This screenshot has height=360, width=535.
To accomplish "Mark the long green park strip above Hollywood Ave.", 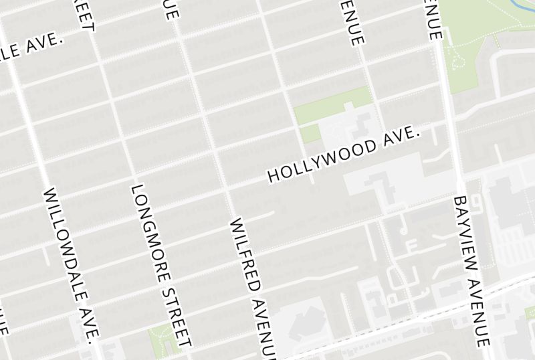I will click(332, 105).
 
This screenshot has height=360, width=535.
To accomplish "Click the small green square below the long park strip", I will click(309, 132).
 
